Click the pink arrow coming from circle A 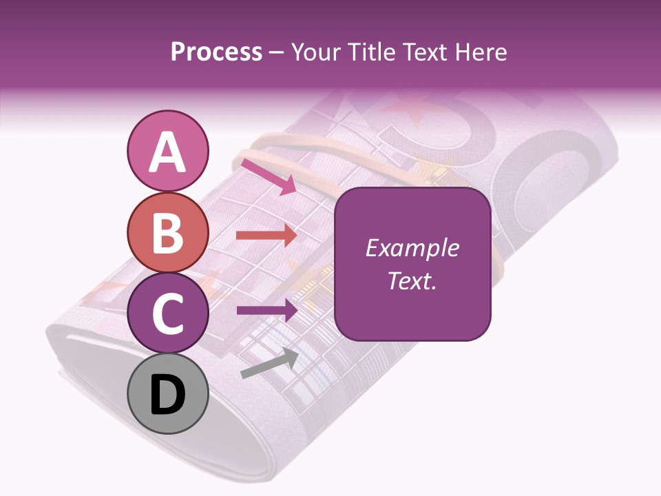269,176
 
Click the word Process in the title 216,52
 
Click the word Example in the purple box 412,248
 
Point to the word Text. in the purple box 412,280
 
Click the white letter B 167,232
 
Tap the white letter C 167,314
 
